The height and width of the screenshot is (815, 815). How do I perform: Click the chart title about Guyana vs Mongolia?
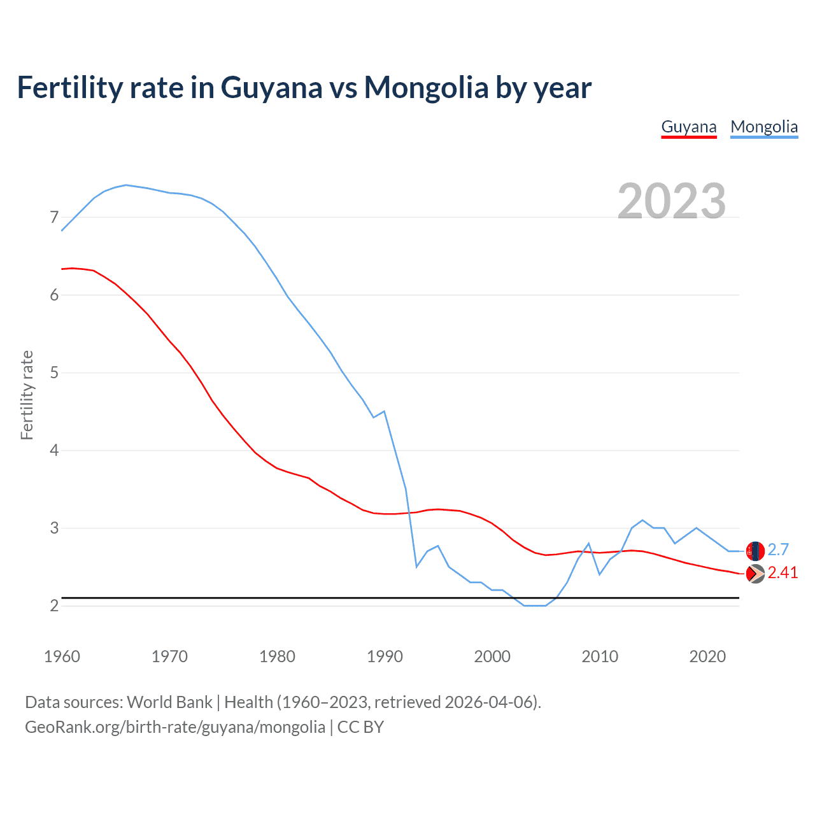[304, 87]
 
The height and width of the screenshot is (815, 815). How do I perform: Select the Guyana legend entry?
[689, 127]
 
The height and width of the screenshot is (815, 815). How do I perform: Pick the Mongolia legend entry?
[764, 127]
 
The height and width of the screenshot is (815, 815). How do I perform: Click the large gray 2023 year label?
[671, 201]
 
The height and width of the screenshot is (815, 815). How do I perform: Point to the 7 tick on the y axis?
[54, 218]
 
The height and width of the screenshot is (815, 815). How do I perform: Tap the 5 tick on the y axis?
[54, 373]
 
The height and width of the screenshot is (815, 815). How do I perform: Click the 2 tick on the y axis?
[54, 606]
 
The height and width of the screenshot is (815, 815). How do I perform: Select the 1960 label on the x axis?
[62, 656]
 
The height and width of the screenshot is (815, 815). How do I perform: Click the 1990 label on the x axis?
[385, 656]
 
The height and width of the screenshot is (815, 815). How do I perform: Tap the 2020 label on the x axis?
[707, 656]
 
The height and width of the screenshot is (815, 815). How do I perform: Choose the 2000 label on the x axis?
[492, 656]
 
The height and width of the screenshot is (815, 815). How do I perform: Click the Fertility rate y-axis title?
[27, 395]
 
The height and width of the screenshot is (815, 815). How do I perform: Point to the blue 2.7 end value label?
[778, 549]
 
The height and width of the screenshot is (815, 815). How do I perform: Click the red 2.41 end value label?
[783, 573]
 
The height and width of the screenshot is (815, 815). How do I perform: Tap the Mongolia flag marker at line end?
[755, 551]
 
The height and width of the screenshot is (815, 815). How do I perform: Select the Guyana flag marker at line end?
[755, 574]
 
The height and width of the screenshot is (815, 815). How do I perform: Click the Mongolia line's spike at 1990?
[384, 411]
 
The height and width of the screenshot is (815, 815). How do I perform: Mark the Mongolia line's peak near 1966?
[126, 185]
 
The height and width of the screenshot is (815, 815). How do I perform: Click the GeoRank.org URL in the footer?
[174, 727]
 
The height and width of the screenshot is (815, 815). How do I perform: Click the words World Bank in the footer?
[169, 702]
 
